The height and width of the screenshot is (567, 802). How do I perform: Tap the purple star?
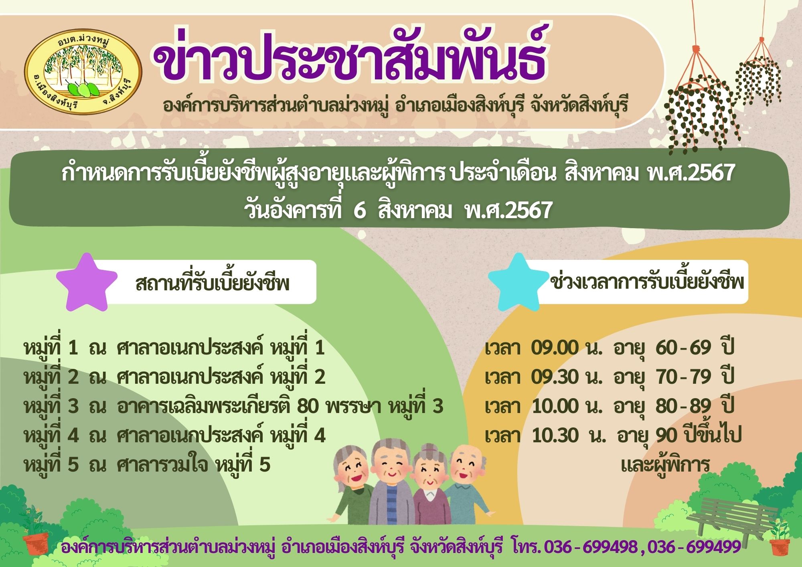[87, 282]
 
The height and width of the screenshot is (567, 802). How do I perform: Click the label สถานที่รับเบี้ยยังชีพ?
[213, 283]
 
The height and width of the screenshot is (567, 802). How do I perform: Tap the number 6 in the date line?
[360, 211]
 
